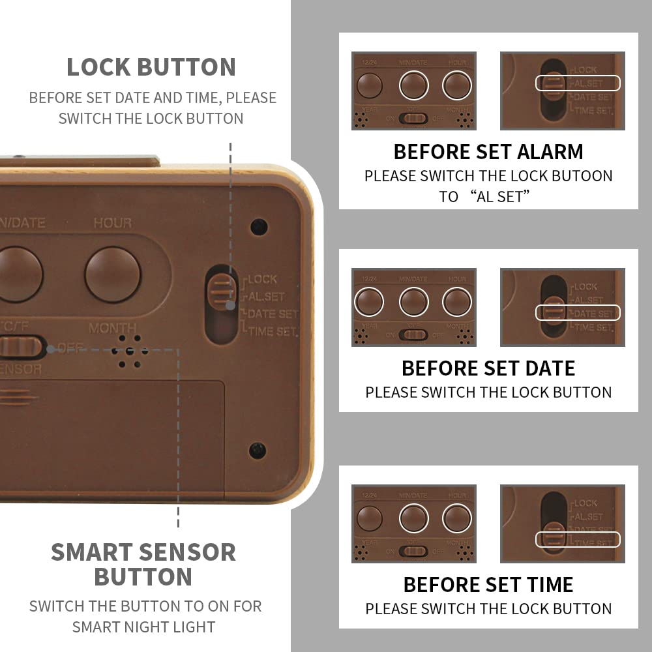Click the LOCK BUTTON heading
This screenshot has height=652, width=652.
tap(151, 67)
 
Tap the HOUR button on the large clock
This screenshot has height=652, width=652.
tap(113, 274)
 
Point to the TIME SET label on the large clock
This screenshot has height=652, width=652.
tap(273, 331)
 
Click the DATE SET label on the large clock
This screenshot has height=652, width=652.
tap(273, 314)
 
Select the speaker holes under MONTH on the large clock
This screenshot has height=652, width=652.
tap(127, 352)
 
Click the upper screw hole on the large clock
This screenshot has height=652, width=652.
tap(258, 226)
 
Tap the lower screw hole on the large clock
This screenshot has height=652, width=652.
tap(258, 450)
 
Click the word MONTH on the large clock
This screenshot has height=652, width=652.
tap(112, 327)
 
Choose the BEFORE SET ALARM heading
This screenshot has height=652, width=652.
tap(488, 152)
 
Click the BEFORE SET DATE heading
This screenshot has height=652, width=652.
tap(488, 368)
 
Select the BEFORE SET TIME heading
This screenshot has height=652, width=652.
tap(488, 584)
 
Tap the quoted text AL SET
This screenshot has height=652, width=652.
tap(501, 196)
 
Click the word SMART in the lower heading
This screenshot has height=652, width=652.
tap(91, 552)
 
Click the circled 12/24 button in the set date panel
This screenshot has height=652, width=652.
tap(369, 303)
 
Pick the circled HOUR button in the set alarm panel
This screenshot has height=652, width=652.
tap(457, 85)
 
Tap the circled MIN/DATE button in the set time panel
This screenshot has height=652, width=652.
tap(413, 518)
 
